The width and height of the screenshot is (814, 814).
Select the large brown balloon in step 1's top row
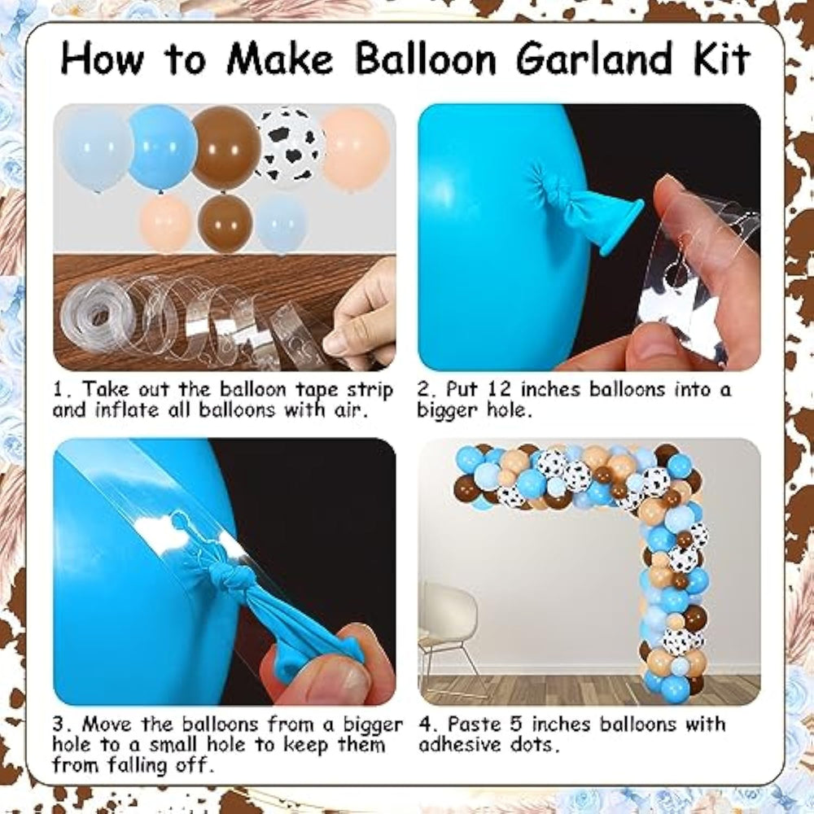[x=225, y=148]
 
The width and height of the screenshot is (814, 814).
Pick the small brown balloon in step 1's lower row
[x=225, y=223]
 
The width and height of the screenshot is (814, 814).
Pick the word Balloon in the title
[x=426, y=58]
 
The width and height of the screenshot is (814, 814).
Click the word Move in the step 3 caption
[x=109, y=724]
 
